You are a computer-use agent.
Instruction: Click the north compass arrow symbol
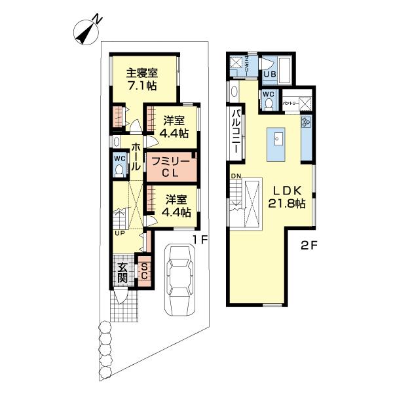point(86,31)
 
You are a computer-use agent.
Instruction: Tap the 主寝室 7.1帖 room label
point(141,79)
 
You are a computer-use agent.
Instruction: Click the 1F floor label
point(200,240)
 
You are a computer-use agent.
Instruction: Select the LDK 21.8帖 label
point(286,196)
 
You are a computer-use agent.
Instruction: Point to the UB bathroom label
point(269,74)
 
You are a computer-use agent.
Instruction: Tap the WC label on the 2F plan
point(269,93)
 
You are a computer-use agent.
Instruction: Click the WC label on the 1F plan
point(119,158)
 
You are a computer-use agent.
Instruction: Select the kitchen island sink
point(278,138)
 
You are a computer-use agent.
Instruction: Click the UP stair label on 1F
point(120,233)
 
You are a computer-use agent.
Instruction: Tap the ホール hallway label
point(136,157)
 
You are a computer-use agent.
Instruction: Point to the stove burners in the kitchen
point(306,122)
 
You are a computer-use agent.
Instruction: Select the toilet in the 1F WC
point(119,170)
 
